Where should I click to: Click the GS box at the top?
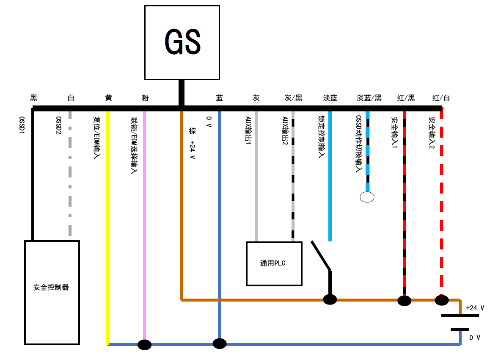(182, 42)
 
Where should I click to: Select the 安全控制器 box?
(52, 292)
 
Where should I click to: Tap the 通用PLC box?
(274, 263)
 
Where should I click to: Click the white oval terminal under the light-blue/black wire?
(367, 197)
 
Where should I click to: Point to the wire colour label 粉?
(145, 98)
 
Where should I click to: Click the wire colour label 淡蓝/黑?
(369, 98)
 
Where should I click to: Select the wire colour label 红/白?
(441, 98)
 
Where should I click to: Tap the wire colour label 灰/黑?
(294, 98)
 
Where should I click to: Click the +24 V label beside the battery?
(475, 308)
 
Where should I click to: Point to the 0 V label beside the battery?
(475, 338)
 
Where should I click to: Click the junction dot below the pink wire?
(145, 345)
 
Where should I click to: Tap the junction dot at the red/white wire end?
(442, 300)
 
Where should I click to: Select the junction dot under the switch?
(330, 299)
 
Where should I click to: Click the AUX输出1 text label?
(248, 131)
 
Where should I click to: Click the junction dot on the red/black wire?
(404, 301)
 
